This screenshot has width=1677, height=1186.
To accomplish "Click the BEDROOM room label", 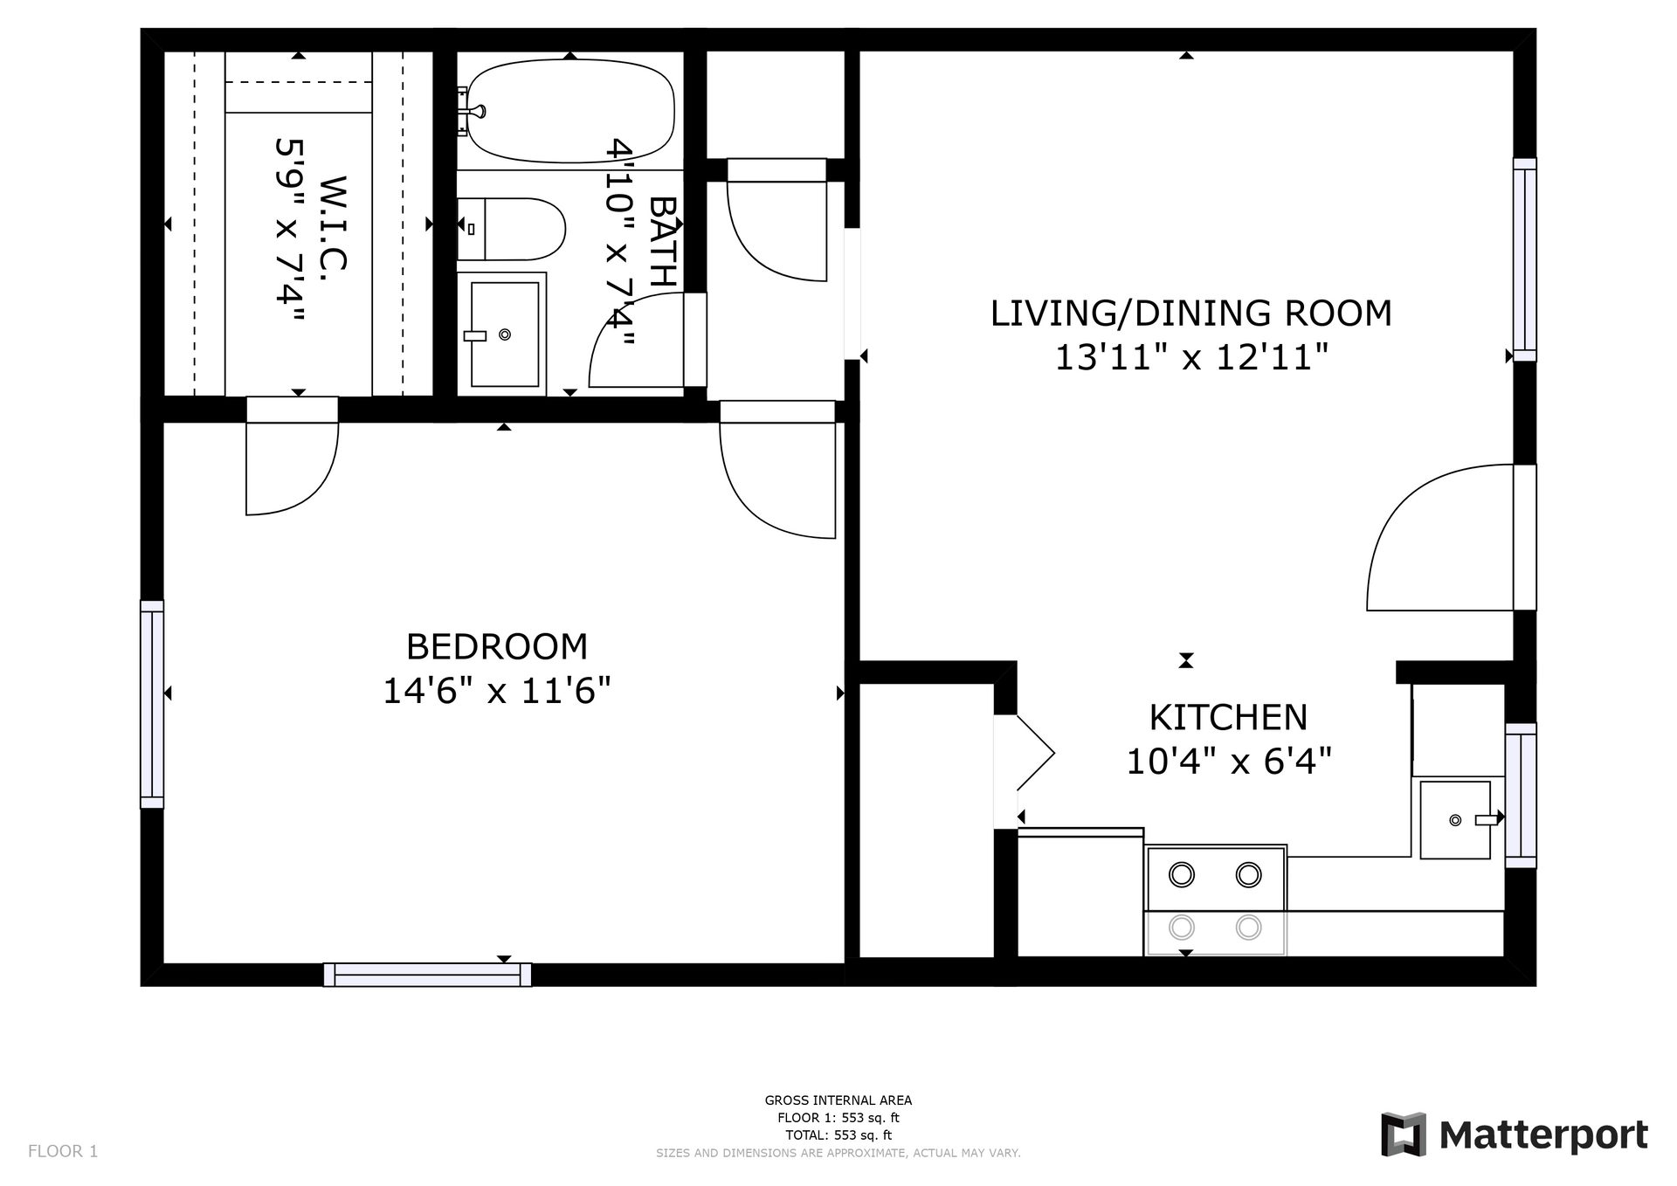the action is [x=497, y=647].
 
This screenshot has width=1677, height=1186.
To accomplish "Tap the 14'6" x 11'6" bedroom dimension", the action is [x=497, y=692].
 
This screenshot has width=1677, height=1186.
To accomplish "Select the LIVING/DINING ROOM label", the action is [x=1190, y=314].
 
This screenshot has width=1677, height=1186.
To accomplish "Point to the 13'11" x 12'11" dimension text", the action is [x=1191, y=357].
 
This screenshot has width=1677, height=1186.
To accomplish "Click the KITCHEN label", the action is [x=1228, y=718].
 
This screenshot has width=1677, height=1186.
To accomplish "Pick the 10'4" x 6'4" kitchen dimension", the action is [x=1228, y=762].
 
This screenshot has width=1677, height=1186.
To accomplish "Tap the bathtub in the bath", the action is [x=570, y=111].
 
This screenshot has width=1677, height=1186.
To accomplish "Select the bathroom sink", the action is [x=505, y=334].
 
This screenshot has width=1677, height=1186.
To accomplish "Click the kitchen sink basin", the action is [x=1455, y=820].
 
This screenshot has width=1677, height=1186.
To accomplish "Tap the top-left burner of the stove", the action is [x=1182, y=873].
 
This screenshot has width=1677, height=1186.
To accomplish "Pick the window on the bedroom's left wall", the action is [x=152, y=704].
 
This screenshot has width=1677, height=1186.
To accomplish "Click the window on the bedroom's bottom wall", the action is [x=427, y=975].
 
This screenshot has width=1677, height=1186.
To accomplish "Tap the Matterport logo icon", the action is [x=1404, y=1134].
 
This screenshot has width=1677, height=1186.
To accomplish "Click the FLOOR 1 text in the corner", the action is [x=63, y=1151].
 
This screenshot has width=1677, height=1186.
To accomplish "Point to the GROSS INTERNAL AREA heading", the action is [x=838, y=1100].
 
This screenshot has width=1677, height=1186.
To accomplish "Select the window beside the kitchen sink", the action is [x=1521, y=795].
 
